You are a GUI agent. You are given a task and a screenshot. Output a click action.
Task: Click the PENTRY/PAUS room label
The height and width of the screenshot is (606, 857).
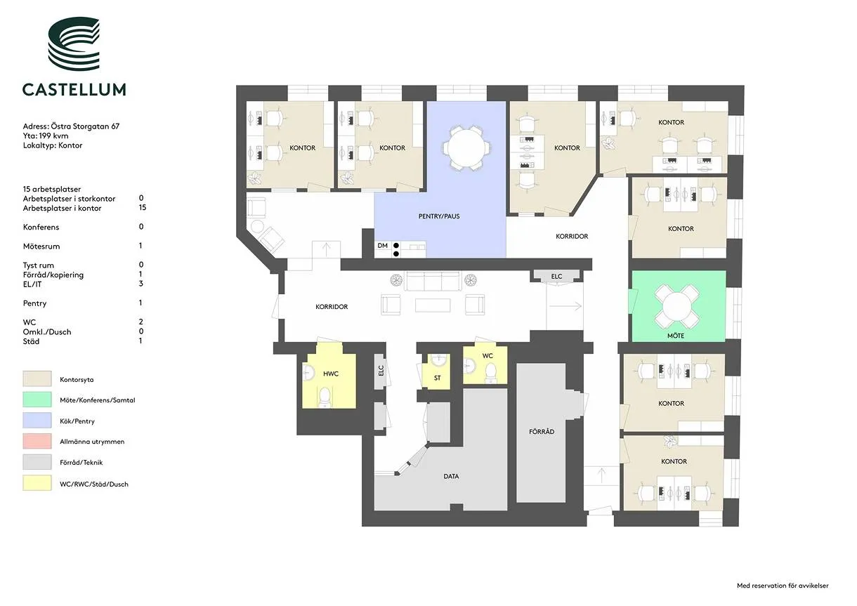point(439,216)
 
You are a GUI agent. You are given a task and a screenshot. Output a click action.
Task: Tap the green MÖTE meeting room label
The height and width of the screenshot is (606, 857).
point(676,336)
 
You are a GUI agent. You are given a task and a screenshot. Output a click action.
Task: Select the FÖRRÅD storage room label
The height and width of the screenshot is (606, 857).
point(542,432)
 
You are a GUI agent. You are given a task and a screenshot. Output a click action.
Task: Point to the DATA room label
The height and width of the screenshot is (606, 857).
point(451,476)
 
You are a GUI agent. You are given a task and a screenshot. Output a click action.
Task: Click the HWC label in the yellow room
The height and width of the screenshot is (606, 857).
point(331,374)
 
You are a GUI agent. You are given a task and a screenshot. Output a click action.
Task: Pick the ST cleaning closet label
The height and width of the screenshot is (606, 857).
point(438,378)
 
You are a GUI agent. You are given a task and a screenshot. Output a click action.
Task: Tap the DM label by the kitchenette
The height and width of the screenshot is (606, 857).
point(383,246)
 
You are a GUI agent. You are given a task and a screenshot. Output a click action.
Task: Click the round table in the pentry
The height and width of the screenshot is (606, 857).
point(466,148)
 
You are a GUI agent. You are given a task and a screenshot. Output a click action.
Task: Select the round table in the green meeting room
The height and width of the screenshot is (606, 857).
point(676,306)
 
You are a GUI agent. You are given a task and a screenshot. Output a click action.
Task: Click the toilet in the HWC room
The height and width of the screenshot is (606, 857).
point(325,397)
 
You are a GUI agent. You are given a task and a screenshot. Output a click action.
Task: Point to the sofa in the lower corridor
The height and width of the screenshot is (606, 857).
point(433,282)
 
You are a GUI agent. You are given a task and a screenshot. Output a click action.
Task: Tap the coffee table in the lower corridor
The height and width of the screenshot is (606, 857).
point(433,305)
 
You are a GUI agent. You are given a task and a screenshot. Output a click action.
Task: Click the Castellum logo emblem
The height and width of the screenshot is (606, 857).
point(74,44)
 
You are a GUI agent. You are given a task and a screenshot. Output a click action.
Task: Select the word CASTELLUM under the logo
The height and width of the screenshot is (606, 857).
point(74,89)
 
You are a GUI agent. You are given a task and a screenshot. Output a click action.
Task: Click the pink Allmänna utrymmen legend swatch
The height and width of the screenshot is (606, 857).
point(37,441)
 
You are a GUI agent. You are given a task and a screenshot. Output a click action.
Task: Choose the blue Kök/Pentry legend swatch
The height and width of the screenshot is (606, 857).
point(37,420)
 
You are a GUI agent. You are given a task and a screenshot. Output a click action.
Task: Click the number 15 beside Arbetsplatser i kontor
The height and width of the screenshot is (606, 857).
point(143,208)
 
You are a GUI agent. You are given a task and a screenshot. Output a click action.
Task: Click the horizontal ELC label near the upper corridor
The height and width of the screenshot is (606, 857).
point(556,277)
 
